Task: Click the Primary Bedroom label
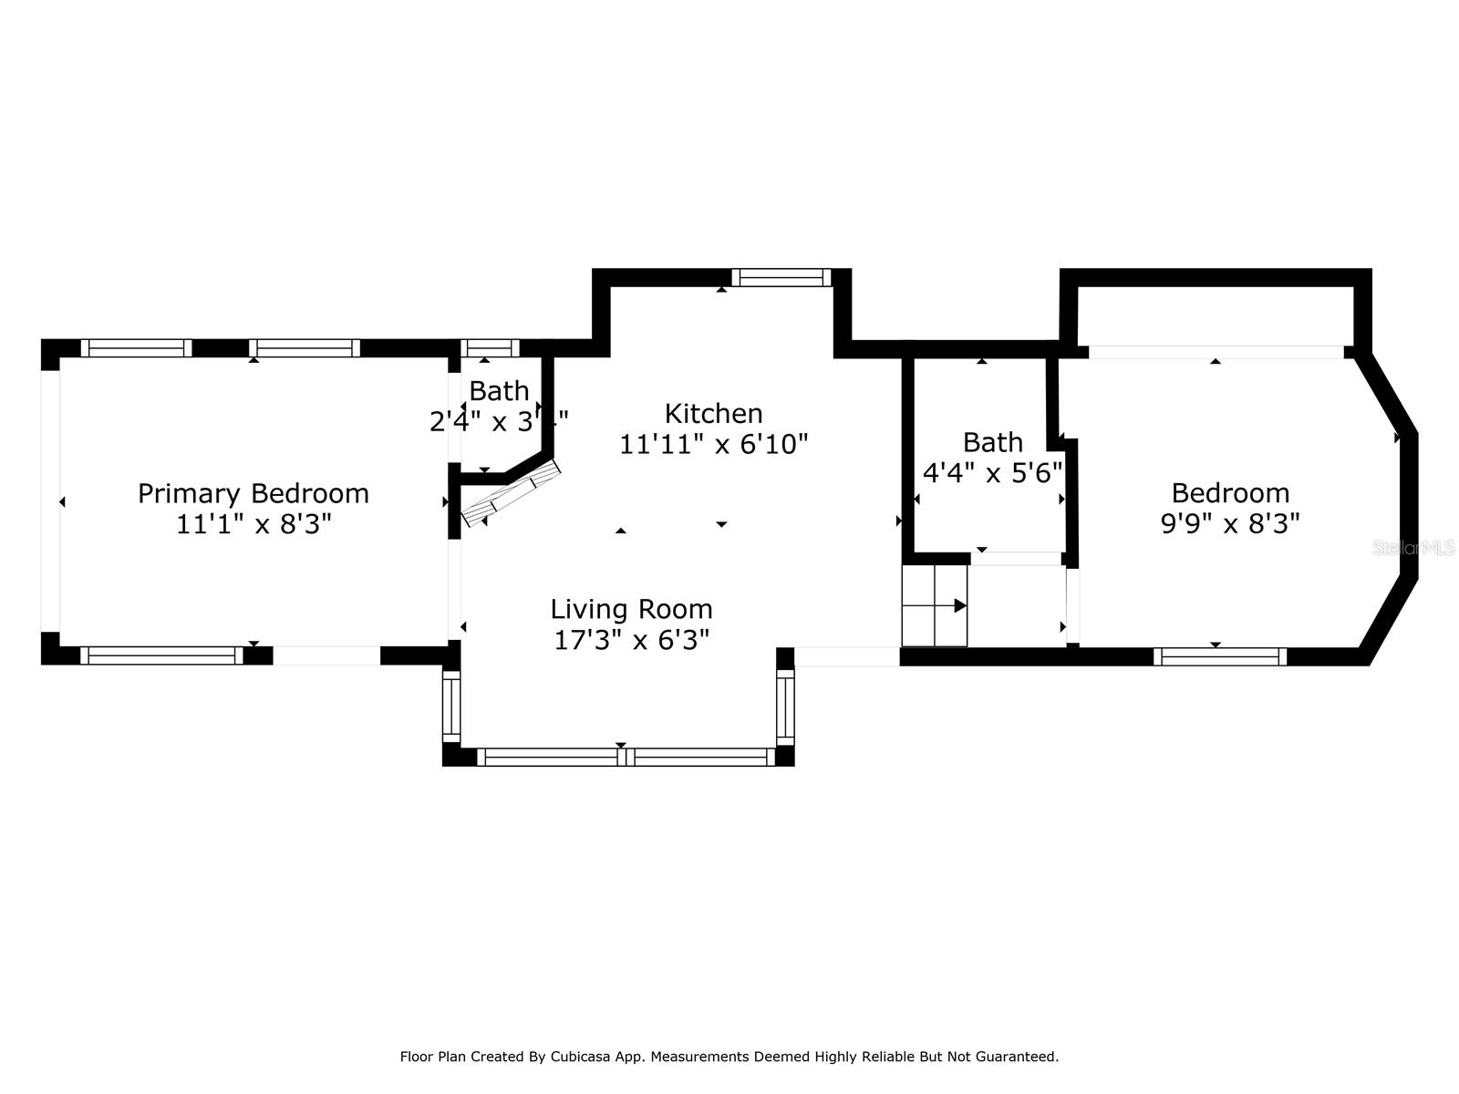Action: tap(253, 493)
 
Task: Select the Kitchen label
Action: tap(713, 413)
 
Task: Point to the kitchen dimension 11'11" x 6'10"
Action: tap(713, 444)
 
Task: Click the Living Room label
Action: tap(631, 609)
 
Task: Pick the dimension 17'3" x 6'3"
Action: tap(631, 640)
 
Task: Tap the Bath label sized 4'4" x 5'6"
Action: tap(992, 442)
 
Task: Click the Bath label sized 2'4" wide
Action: tap(498, 390)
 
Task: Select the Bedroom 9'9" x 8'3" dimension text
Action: tap(1229, 524)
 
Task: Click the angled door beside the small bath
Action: tap(511, 493)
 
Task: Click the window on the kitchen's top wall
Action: tap(781, 277)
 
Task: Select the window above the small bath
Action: tap(490, 347)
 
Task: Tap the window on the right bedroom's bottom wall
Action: tap(1219, 656)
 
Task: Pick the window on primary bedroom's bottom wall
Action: tap(161, 655)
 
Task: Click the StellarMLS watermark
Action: tap(1414, 548)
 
